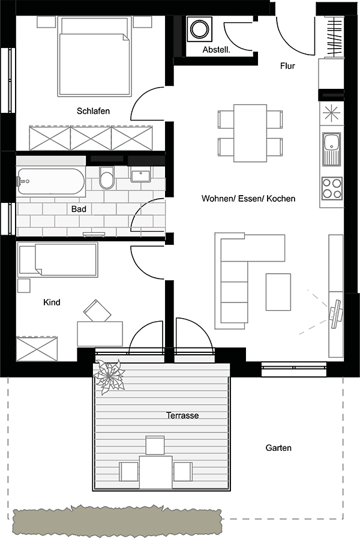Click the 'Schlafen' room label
point(93,111)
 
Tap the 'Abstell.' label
point(216,50)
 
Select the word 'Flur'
point(287,65)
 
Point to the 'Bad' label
point(79,209)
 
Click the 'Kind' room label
point(52,302)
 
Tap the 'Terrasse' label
point(182,415)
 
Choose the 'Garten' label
point(278,448)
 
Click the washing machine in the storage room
point(199,29)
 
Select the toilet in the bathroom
point(106,178)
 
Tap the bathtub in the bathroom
point(51,181)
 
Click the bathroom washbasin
point(140,176)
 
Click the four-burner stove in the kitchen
point(332,188)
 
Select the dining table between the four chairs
point(250,133)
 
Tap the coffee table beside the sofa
point(278,292)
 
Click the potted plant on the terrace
point(109,376)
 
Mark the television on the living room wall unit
point(335,313)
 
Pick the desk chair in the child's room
point(97,311)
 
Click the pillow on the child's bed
point(27,260)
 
